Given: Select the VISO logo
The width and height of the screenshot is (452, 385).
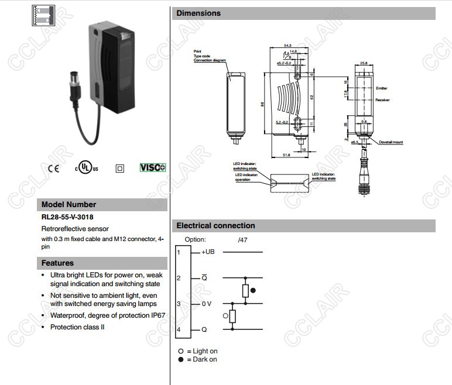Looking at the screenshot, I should (152, 168).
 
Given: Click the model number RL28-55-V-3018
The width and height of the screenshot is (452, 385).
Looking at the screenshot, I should (67, 217).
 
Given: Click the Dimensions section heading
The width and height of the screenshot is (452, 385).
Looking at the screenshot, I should (198, 13).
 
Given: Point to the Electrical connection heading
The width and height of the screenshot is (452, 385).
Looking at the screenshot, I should (215, 225).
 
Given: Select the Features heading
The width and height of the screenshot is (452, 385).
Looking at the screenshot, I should (57, 263).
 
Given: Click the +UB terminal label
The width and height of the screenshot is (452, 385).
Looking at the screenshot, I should (208, 252).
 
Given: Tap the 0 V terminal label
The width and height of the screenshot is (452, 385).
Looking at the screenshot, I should (207, 304).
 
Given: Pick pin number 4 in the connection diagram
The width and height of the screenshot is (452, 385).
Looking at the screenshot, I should (179, 330).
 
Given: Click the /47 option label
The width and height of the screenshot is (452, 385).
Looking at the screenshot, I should (243, 240).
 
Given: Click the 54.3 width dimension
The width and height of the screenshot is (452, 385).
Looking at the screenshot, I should (287, 45).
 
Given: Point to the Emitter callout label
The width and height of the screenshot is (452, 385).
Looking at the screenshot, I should (382, 88).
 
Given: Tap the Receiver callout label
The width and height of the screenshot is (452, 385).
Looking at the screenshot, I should (382, 100).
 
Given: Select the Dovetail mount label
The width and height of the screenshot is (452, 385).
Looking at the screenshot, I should (391, 142).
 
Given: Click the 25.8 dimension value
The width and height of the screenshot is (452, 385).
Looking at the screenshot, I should (364, 63).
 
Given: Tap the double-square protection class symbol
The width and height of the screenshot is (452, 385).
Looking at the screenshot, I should (120, 169).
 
